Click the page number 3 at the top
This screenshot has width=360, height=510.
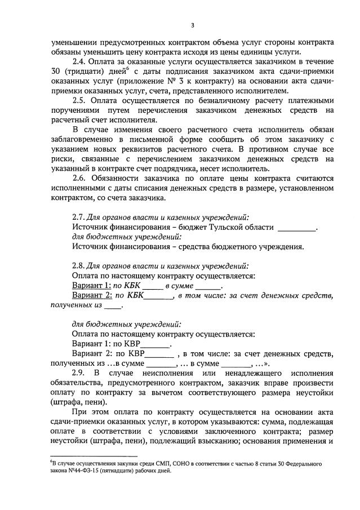(193, 25)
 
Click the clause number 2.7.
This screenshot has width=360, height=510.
(80, 218)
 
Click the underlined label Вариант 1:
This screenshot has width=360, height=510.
(92, 286)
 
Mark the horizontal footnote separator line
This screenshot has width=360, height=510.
(94, 456)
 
